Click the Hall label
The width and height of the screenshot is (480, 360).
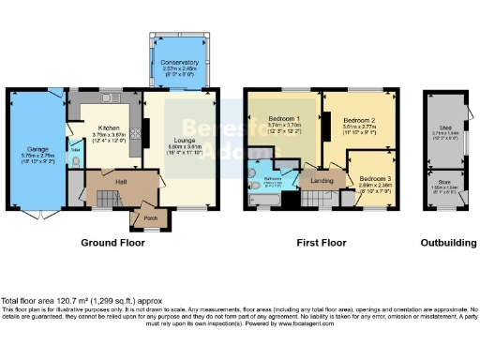point(120,181)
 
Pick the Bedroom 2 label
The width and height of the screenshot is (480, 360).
point(358,121)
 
